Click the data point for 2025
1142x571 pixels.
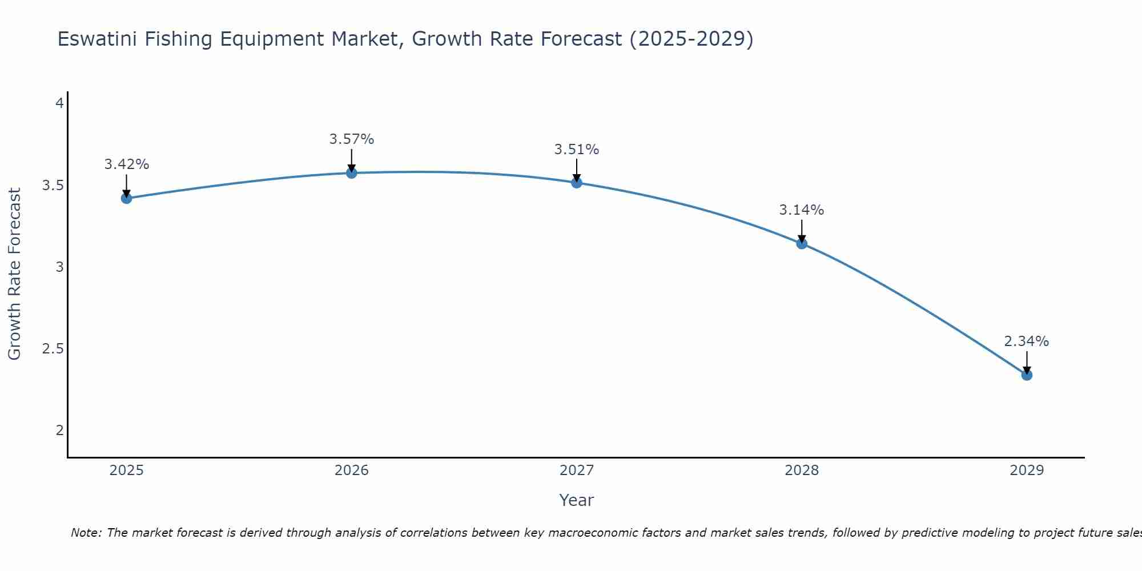(x=126, y=198)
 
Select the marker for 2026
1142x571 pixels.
(x=351, y=172)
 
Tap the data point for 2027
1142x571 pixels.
(x=576, y=183)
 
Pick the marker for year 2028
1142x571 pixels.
(x=802, y=244)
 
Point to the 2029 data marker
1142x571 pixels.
(x=1027, y=375)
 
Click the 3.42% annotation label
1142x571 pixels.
(x=126, y=164)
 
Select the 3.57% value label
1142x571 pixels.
(x=351, y=139)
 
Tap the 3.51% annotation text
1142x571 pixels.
(x=576, y=150)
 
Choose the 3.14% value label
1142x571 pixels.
(x=802, y=210)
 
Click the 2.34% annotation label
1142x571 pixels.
(x=1027, y=341)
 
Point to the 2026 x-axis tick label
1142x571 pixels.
(x=351, y=471)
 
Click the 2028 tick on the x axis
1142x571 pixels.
(x=802, y=471)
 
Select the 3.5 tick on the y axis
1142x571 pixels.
(x=53, y=186)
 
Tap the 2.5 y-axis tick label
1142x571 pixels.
(x=53, y=349)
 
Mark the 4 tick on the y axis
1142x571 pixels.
(x=59, y=104)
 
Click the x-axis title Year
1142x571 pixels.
(x=576, y=500)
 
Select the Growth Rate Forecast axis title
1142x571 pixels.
(x=14, y=274)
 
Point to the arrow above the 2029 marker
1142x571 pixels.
(x=1027, y=362)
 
